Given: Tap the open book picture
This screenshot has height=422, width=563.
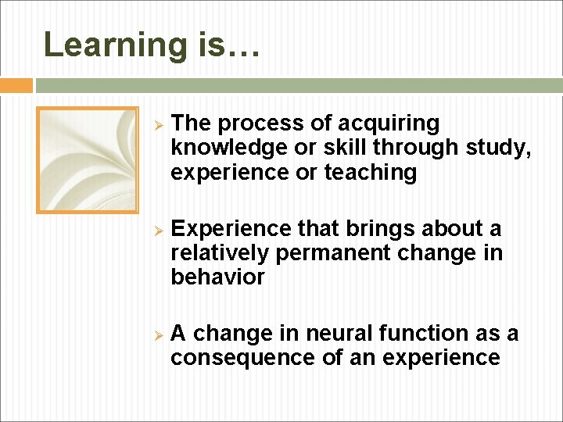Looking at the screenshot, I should (88, 160).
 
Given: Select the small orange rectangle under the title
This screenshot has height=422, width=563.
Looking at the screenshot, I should (16, 85).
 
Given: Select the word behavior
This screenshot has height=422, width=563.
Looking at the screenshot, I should (217, 277).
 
